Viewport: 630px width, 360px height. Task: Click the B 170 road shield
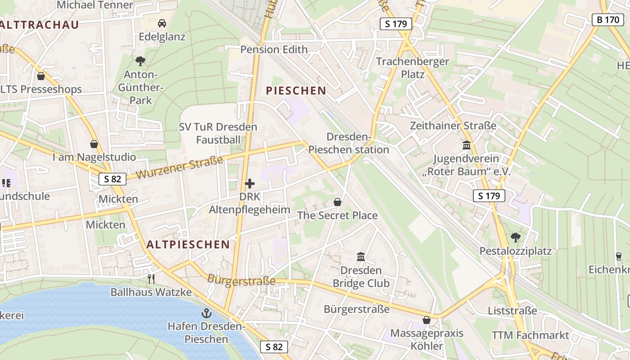click(x=607, y=20)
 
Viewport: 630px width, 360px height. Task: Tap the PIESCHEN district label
click(x=296, y=90)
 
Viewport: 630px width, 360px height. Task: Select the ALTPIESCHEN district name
click(x=188, y=244)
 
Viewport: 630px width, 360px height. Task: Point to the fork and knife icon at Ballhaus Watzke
click(x=151, y=279)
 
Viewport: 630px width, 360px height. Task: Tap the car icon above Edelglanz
click(x=162, y=23)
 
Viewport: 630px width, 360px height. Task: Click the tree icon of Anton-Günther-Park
click(x=140, y=61)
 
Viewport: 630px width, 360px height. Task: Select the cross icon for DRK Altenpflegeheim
click(x=250, y=184)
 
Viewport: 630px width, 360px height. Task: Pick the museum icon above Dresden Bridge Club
click(x=360, y=257)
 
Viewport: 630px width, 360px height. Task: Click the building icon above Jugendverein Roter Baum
click(x=466, y=145)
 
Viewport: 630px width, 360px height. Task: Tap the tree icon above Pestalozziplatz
click(x=515, y=237)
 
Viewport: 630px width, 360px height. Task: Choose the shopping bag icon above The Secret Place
click(x=337, y=202)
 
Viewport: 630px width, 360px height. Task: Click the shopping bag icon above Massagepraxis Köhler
click(x=426, y=320)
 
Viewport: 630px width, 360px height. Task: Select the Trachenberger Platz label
click(x=412, y=67)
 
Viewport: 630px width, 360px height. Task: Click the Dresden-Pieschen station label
click(x=349, y=143)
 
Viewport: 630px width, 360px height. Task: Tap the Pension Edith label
click(x=274, y=49)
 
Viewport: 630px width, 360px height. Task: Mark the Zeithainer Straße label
click(x=453, y=126)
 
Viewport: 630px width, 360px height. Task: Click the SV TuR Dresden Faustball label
click(x=218, y=133)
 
